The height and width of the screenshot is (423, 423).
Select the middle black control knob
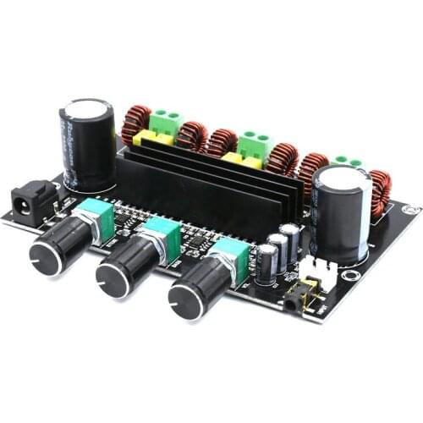point(120,273)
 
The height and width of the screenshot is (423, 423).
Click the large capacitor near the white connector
point(340,211)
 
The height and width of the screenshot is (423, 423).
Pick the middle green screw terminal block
point(253,144)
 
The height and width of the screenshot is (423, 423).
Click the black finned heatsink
point(207,186)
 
